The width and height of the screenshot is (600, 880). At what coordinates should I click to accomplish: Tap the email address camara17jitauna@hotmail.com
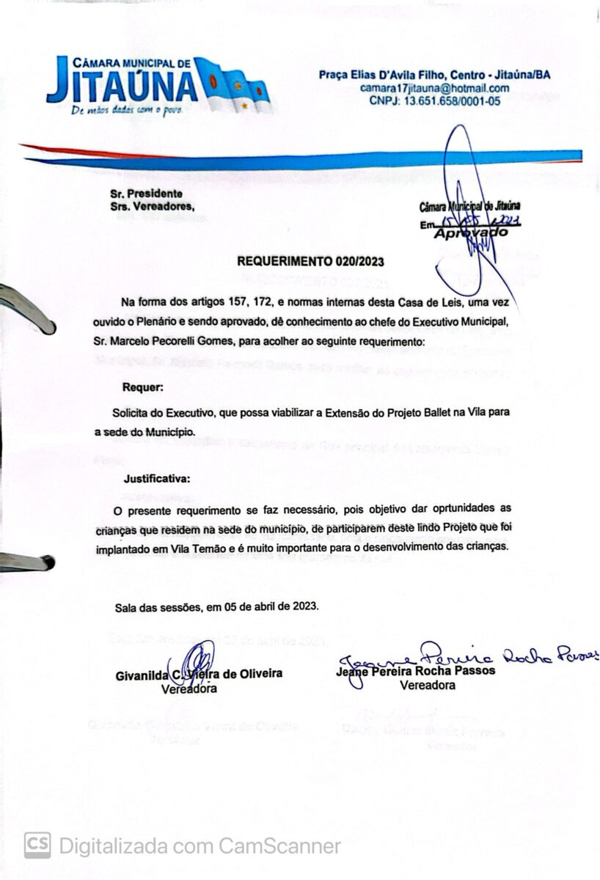coord(435,88)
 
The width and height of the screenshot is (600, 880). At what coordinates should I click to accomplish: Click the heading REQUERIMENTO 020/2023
coord(310,261)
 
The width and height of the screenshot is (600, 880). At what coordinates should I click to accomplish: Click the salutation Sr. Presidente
coord(145,193)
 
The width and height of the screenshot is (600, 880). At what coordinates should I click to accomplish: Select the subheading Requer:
coord(144,386)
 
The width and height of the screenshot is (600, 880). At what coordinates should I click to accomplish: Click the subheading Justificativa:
coord(157,479)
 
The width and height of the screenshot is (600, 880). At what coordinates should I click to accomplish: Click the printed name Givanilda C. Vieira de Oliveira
coord(199,674)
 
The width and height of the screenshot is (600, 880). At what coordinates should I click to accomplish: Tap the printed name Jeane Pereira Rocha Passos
coord(415,670)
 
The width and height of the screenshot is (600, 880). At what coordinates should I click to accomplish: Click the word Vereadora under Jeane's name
coord(428,685)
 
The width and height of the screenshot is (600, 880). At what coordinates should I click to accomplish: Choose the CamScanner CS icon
coord(37,846)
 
